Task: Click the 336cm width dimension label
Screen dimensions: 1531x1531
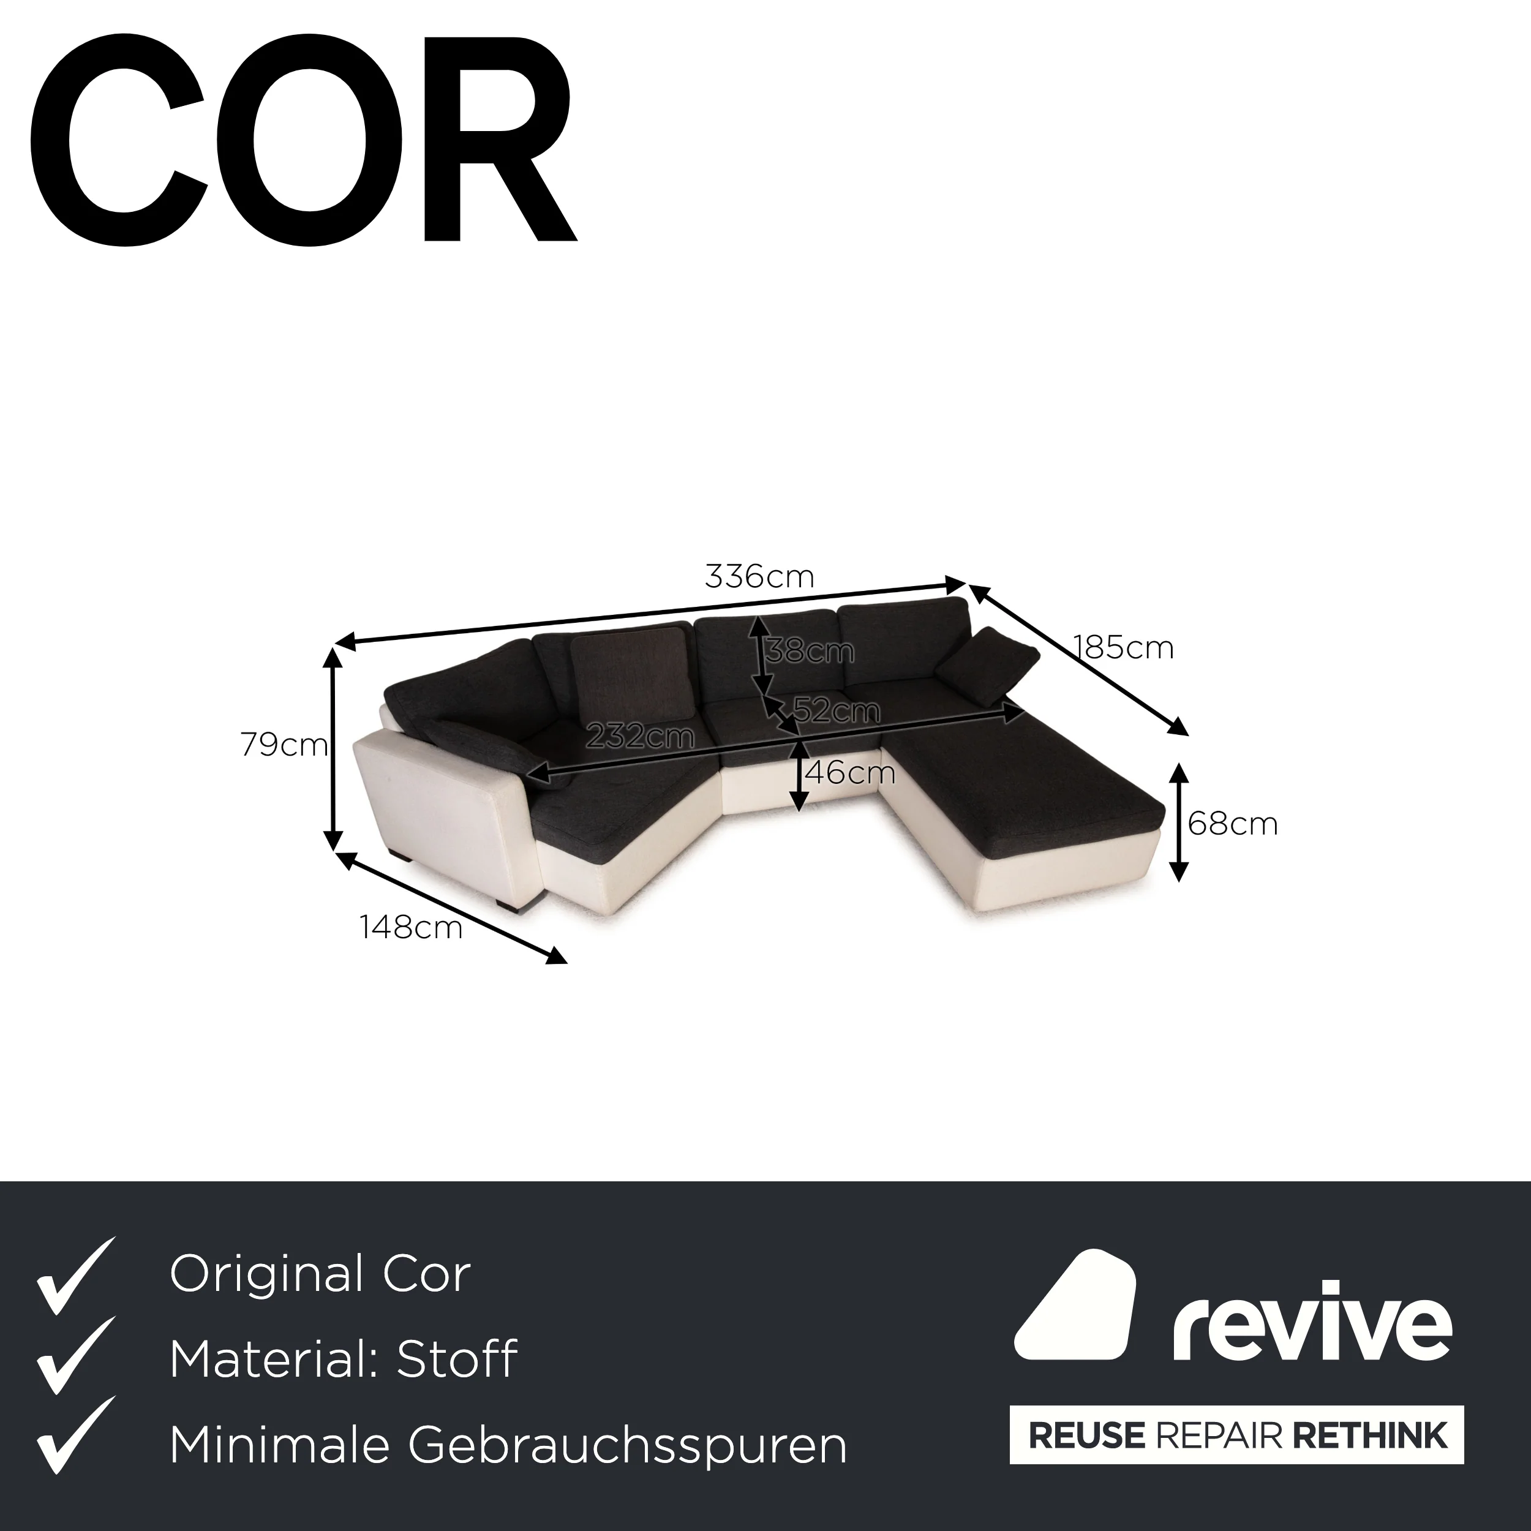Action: click(759, 577)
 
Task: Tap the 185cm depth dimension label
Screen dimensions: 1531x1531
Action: click(1123, 648)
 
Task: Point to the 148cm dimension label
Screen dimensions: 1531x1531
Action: click(410, 927)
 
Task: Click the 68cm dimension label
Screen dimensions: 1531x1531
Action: click(1232, 824)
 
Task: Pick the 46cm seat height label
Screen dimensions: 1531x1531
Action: click(849, 773)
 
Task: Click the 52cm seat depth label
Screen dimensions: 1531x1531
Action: click(837, 711)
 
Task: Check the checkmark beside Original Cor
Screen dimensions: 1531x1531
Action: click(76, 1275)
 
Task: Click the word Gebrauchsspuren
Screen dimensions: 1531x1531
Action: click(628, 1445)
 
